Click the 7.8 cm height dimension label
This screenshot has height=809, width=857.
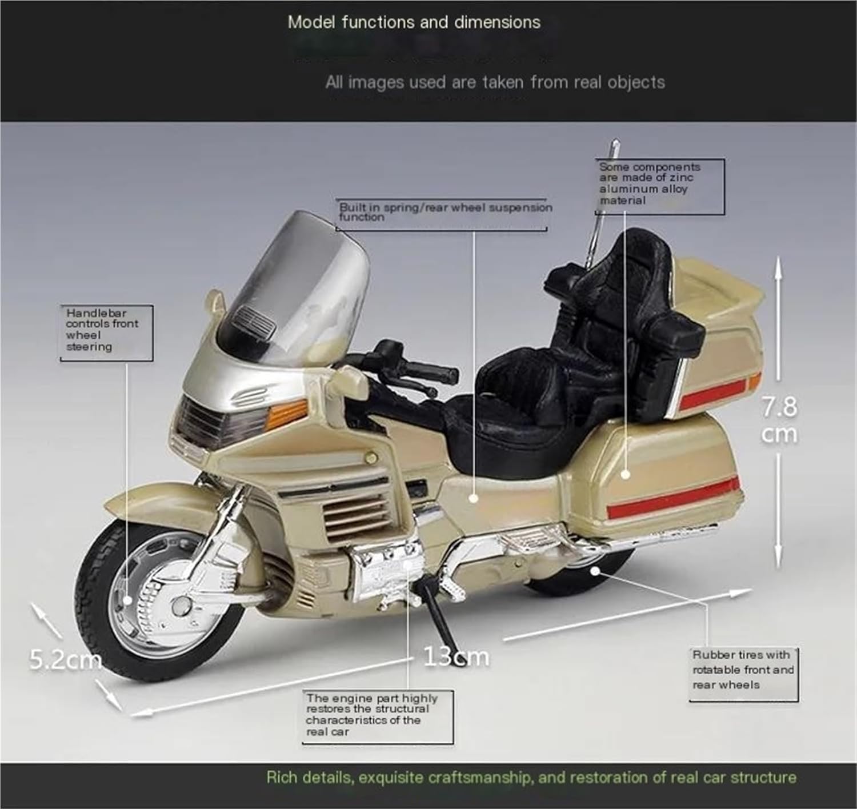point(779,420)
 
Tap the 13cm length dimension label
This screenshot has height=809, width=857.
point(456,657)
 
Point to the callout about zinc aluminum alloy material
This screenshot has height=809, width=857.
point(649,184)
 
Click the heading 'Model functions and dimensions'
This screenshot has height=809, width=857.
point(414,23)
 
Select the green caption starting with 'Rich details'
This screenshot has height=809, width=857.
point(531,778)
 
